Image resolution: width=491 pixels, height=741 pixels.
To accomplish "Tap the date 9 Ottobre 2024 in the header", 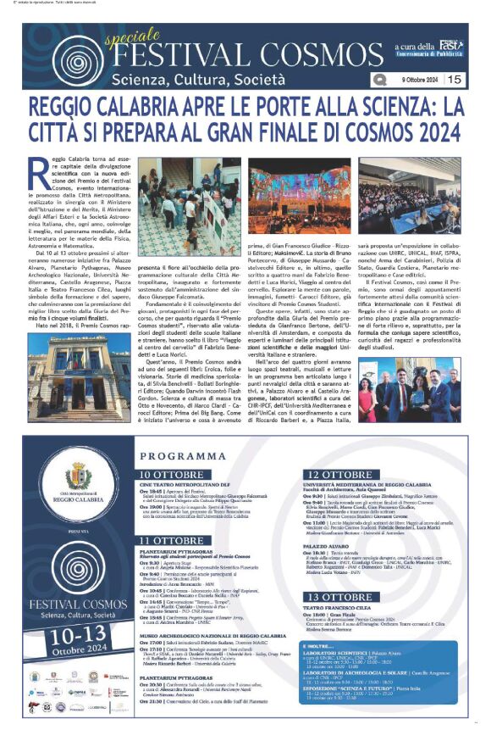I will [416, 79].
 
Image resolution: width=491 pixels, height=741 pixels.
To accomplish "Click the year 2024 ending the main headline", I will [426, 133].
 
